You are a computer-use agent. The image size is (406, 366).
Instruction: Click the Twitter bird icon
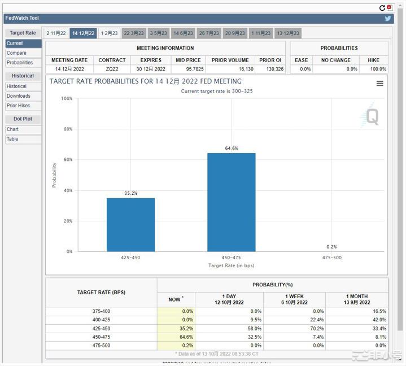point(388,18)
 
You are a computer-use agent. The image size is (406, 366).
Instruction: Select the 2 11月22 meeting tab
point(56,33)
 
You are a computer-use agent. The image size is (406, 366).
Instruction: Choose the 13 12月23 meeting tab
point(288,33)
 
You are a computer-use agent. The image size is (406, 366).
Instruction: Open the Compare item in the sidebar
point(16,53)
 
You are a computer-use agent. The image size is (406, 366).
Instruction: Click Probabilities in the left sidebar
point(20,63)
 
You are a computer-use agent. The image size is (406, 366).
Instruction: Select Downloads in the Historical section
point(19,96)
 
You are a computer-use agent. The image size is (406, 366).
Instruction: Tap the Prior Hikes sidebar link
point(19,106)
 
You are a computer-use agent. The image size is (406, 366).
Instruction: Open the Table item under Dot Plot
point(12,139)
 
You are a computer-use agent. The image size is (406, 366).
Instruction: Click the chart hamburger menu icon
point(380,84)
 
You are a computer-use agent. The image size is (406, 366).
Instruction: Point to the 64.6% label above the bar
point(231,149)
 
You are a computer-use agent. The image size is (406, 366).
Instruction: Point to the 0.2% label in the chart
point(331,247)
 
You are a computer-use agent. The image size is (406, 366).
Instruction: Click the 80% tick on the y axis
point(68,129)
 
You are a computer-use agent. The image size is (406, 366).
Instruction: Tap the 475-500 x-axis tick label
point(331,258)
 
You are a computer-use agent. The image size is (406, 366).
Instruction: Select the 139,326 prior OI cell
point(270,69)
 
